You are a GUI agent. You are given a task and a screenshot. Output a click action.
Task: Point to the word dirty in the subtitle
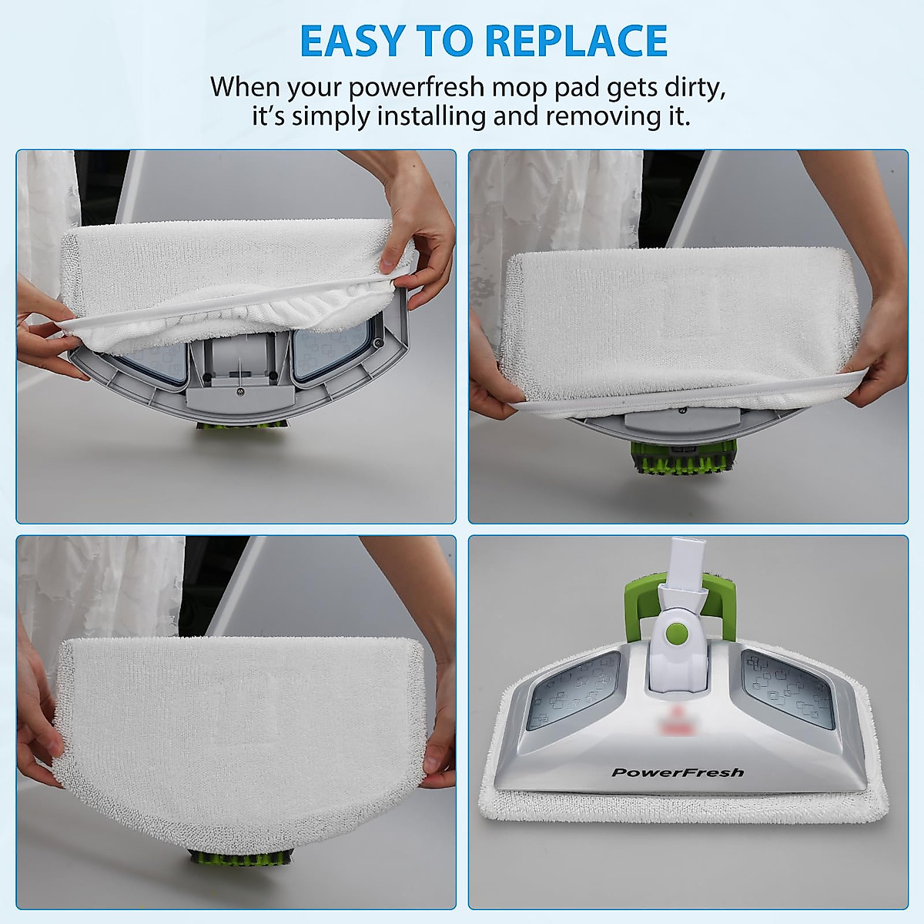(695, 87)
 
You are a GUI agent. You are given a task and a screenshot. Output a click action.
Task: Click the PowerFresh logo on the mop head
(678, 772)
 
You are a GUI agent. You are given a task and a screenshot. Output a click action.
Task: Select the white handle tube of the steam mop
(681, 562)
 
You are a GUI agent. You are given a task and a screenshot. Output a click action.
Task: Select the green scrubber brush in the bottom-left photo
(240, 858)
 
